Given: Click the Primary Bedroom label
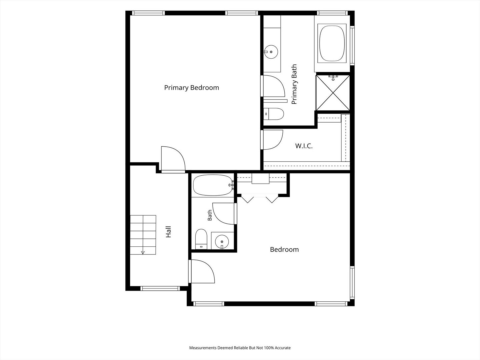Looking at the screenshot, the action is (x=192, y=88).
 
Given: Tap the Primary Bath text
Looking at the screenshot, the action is (x=294, y=84).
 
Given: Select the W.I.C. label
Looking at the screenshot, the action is (x=304, y=146).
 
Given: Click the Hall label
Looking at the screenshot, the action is (x=168, y=232).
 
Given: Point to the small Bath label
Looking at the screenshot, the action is (x=210, y=215).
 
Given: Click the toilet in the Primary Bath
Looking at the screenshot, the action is (x=274, y=114).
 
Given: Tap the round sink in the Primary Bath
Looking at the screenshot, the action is (x=271, y=52).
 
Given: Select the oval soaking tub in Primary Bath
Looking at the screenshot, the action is (x=332, y=43).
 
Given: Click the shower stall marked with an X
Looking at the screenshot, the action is (x=333, y=92).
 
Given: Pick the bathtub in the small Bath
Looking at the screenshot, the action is (x=213, y=185).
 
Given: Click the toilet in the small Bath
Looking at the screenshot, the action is (x=201, y=239).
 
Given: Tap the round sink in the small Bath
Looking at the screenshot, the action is (x=222, y=242).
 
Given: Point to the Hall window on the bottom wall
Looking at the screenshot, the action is (x=160, y=289).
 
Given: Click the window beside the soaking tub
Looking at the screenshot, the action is (x=352, y=45).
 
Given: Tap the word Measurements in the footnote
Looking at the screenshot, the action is (x=203, y=348).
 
